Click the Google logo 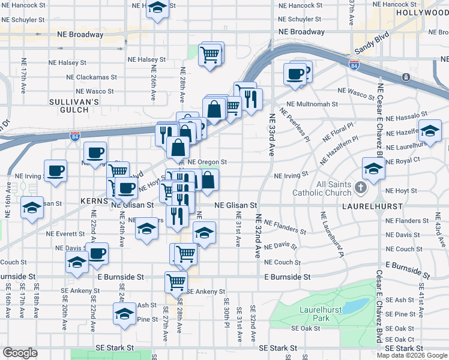coord(20,353)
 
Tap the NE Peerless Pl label coord(295,126)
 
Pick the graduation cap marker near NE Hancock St coord(157,8)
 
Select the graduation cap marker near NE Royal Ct coord(373,168)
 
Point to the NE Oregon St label coord(207,162)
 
